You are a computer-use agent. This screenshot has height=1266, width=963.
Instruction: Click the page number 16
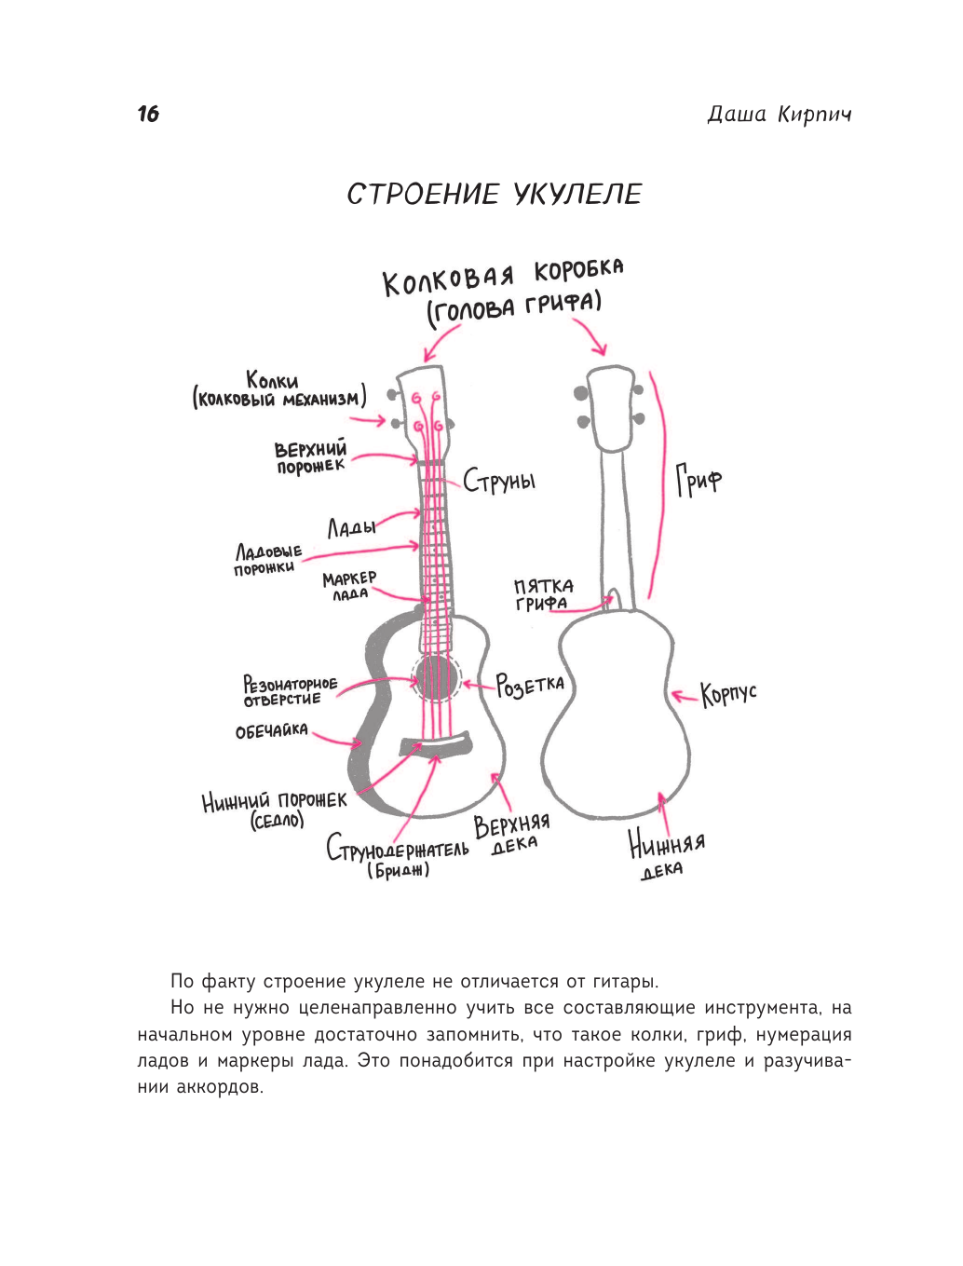[x=148, y=114]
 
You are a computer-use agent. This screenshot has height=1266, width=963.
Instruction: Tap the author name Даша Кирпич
[x=779, y=115]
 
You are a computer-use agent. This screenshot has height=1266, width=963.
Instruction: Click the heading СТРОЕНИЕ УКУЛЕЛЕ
[x=495, y=194]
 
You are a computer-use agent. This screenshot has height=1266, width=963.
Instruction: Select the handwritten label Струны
[x=500, y=481]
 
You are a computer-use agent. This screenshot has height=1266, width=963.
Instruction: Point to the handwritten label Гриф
[x=699, y=481]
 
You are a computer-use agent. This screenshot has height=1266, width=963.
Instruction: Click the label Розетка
[x=530, y=686]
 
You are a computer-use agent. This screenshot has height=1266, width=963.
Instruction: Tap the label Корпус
[x=729, y=694]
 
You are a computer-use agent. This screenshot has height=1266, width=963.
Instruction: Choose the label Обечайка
[x=271, y=730]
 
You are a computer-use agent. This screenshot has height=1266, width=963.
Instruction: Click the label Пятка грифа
[x=543, y=594]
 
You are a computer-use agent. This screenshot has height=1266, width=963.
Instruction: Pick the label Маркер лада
[x=349, y=586]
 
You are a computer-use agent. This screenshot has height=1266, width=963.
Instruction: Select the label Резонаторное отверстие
[x=290, y=691]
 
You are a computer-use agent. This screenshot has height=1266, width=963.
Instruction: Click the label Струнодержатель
[x=398, y=851]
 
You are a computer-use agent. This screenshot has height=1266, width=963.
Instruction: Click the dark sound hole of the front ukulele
[x=436, y=677]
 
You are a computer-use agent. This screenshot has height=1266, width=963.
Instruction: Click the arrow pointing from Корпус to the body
[x=685, y=695]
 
